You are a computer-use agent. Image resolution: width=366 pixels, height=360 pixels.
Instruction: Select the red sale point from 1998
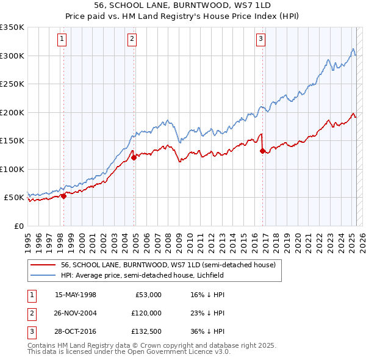pos(63,196)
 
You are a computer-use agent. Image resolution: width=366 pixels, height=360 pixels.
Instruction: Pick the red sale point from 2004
pos(134,158)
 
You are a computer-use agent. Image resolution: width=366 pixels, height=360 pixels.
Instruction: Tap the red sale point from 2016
pos(262,151)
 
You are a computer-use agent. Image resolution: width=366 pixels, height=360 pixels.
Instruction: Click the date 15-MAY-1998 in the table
pos(76,295)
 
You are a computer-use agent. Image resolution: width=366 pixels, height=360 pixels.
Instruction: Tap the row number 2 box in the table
pos(30,313)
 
